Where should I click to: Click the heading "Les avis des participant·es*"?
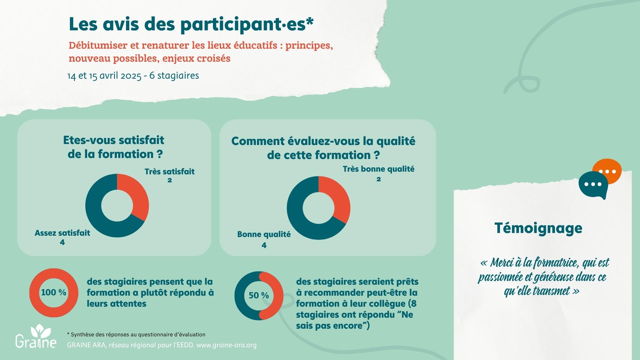coord(191,24)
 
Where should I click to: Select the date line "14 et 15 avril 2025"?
coord(104,76)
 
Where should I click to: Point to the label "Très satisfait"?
coord(169,172)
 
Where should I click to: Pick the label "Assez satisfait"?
coord(62,233)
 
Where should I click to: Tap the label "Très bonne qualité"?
coord(378,169)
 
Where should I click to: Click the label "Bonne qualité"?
coord(264,234)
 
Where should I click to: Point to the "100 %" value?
coord(54,292)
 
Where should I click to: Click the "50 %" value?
coord(259,295)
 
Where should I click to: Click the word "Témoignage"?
coord(538,228)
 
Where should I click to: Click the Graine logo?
coord(36,337)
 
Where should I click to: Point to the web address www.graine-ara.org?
coord(227,345)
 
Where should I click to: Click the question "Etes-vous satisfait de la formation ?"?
coord(114,147)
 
